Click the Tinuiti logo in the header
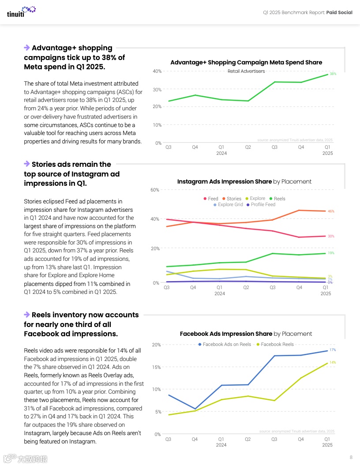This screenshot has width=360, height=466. click(x=21, y=11)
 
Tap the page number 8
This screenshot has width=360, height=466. click(x=351, y=457)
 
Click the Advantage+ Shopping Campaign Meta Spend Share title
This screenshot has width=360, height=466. click(x=246, y=63)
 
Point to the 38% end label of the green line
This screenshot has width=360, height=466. click(x=333, y=74)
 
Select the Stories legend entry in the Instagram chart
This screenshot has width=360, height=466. click(x=232, y=199)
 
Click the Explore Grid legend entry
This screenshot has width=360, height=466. click(x=228, y=205)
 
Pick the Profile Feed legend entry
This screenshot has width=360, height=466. click(x=261, y=205)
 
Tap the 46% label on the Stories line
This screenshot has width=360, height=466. click(x=331, y=211)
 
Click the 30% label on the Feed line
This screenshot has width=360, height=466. click(x=331, y=236)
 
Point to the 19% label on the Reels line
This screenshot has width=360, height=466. click(x=331, y=253)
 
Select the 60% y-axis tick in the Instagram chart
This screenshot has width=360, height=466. click(x=155, y=190)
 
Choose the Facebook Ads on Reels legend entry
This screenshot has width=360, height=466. click(x=225, y=344)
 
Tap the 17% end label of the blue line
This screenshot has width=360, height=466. click(x=333, y=350)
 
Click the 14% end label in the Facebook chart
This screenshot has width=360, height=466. click(x=333, y=362)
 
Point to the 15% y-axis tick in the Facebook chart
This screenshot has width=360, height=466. click(x=156, y=367)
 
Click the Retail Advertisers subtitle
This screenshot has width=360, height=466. click(x=246, y=71)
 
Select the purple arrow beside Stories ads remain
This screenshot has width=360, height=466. click(x=27, y=164)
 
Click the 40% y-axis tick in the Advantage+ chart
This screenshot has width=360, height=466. click(x=157, y=71)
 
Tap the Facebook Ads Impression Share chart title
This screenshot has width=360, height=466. click(x=246, y=334)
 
